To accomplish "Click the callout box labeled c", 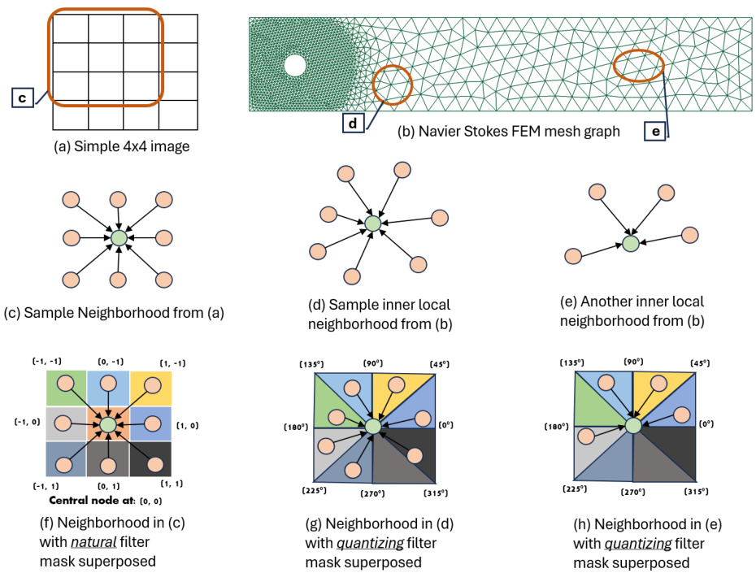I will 23,98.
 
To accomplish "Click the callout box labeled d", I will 353,124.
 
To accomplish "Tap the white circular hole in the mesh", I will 294,65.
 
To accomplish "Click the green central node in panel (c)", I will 119,238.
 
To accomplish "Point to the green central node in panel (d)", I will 372,222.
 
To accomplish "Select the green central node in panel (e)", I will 631,242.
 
